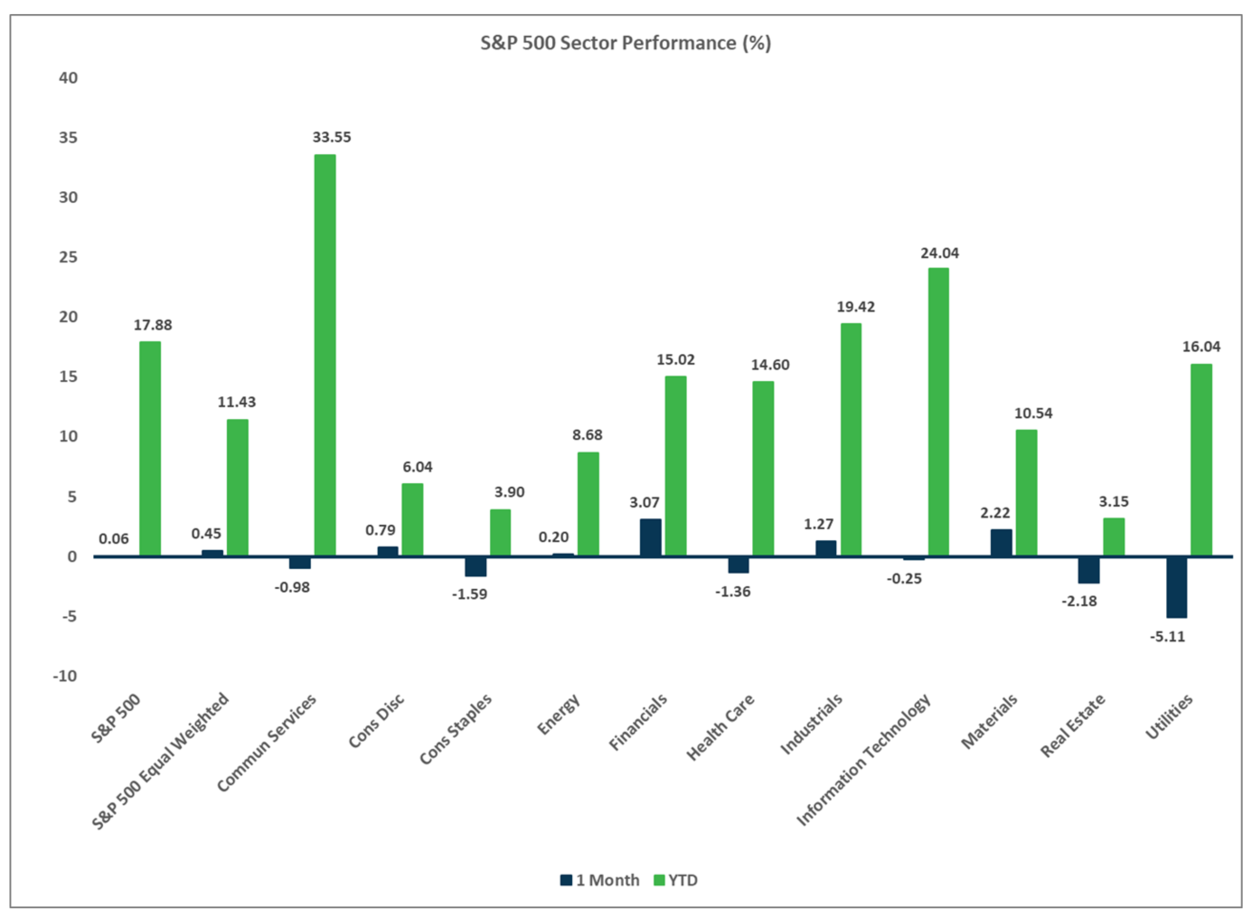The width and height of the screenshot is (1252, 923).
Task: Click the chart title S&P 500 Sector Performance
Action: pos(625,43)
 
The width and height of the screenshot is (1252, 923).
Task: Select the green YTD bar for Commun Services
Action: pos(325,355)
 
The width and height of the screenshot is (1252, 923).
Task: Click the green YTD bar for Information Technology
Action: pos(938,412)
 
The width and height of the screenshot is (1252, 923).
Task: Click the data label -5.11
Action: pos(1167,637)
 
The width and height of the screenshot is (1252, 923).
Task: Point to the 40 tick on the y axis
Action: pos(68,78)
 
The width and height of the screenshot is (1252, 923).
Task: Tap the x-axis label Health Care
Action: pos(721,727)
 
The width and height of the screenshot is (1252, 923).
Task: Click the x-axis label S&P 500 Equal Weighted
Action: pos(161,761)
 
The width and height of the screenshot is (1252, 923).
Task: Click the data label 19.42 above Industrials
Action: pos(855,307)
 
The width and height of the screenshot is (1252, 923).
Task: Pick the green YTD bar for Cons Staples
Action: pos(500,533)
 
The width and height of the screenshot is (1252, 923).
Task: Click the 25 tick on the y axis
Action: pos(68,257)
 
